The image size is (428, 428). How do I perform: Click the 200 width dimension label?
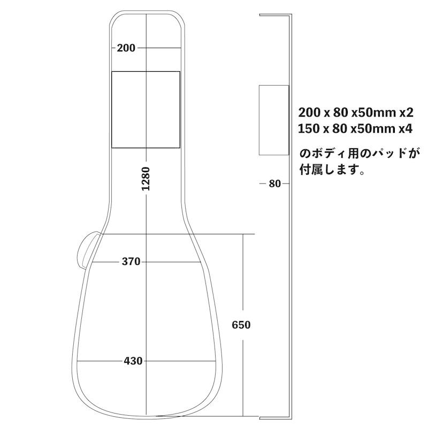tap(126, 48)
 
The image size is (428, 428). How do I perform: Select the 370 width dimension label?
tap(131, 262)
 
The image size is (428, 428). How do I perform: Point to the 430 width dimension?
tap(133, 361)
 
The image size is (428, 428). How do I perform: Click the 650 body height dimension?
tap(241, 325)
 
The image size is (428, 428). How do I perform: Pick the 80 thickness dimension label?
tap(274, 184)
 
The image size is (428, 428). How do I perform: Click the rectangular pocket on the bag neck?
tap(146, 109)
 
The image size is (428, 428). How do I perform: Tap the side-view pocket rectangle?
tap(274, 119)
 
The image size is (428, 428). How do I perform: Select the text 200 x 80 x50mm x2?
tap(356, 113)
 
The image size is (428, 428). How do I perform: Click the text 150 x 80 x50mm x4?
tap(356, 129)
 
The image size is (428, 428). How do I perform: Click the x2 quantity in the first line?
tap(406, 113)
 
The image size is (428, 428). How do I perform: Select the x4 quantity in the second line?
tap(406, 129)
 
